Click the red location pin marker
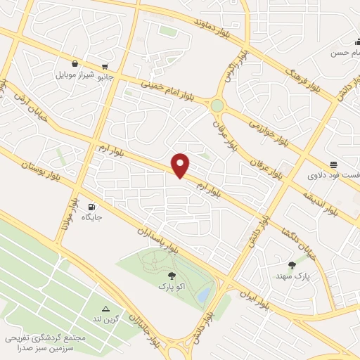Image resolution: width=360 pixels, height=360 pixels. click(181, 165)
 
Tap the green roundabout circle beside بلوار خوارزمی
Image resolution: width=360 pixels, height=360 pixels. click(217, 105)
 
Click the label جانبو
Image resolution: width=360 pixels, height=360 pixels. click(103, 74)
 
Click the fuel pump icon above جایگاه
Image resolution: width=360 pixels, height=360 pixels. click(92, 207)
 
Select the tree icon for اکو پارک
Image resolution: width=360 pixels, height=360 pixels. click(172, 276)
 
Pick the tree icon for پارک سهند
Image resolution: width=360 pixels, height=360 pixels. click(292, 265)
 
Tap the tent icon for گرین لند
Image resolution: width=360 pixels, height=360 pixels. click(106, 309)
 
